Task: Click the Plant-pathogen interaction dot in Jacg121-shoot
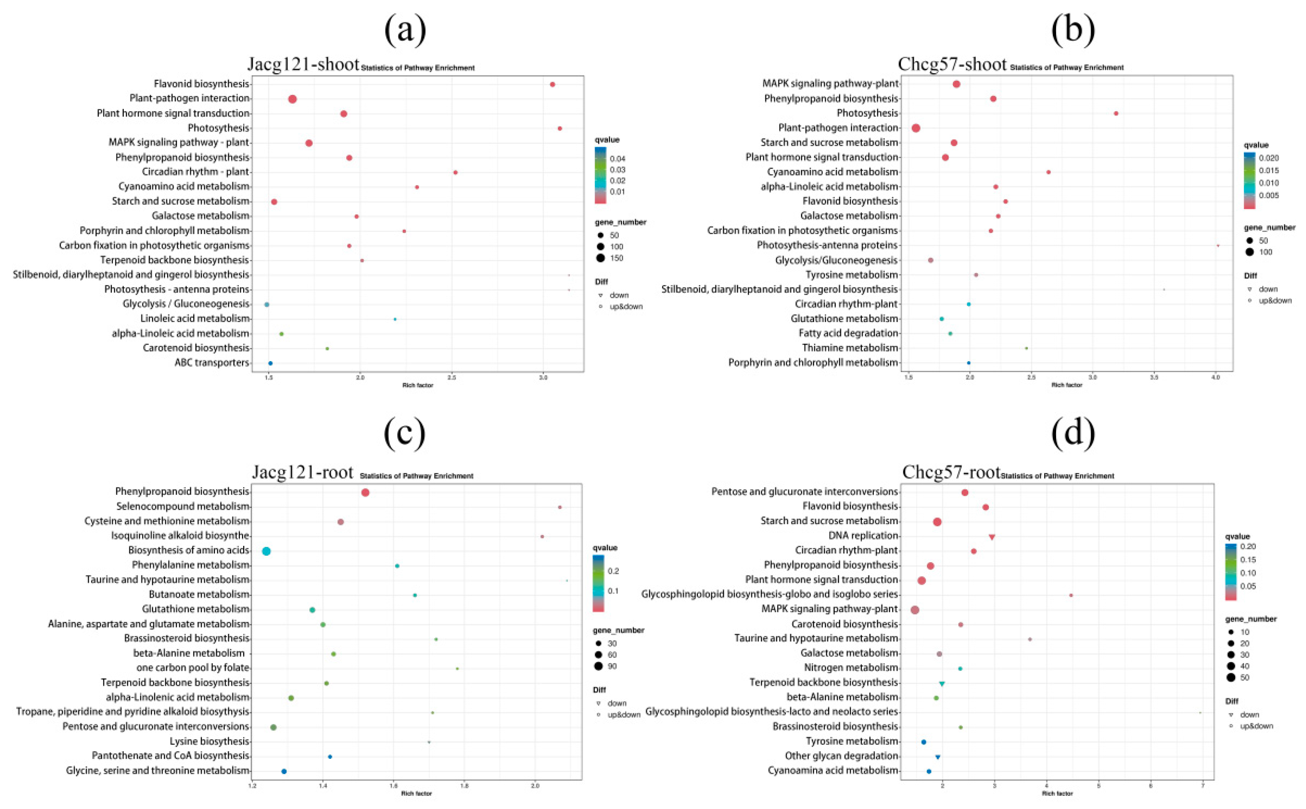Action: [292, 99]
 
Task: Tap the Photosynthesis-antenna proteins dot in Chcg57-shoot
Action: [1218, 246]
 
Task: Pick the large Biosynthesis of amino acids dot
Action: [266, 551]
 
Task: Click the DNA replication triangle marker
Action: [992, 537]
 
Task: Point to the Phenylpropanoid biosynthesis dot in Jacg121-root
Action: [365, 492]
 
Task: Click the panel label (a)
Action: [405, 31]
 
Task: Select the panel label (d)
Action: [1073, 434]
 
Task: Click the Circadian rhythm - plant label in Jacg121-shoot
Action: [195, 172]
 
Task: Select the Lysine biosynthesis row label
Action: [209, 741]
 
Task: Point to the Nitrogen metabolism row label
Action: [851, 668]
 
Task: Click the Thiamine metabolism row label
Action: [850, 348]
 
